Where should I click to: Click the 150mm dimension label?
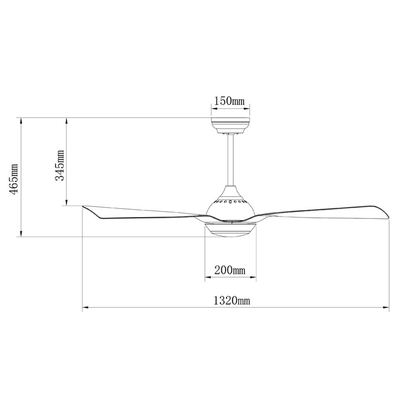tap(230, 101)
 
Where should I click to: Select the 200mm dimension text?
tap(230, 271)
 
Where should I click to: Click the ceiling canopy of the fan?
tap(230, 125)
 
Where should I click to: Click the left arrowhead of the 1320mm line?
tap(84, 307)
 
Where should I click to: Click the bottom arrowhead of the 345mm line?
tap(66, 204)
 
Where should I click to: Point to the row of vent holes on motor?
tap(230, 202)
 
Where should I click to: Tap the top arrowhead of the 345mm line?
tap(66, 119)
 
